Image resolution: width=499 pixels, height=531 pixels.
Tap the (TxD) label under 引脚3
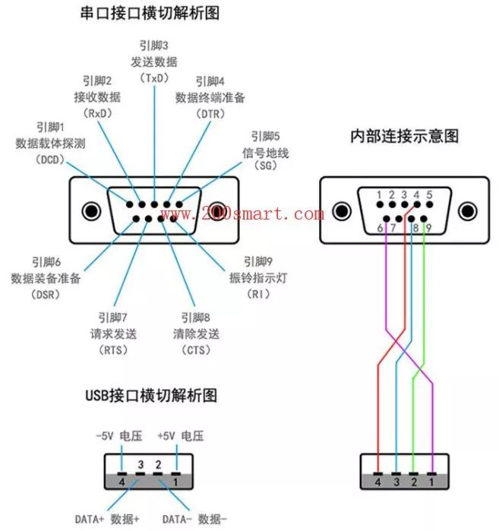coord(154,77)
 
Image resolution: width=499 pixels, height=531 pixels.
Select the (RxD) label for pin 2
coord(96,112)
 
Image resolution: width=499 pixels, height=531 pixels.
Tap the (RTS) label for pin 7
coord(113,350)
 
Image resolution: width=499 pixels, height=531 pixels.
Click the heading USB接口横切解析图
coord(151,396)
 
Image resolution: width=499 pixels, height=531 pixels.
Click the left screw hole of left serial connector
coord(92,210)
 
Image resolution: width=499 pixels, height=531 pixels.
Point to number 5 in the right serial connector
coord(429,195)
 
